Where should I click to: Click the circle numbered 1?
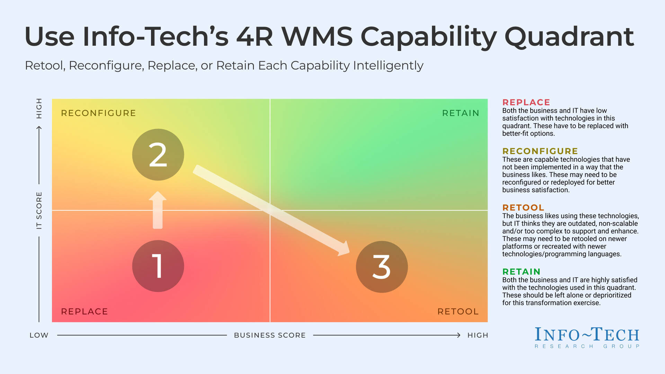coord(158,266)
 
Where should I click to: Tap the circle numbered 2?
coord(158,155)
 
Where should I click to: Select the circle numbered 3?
coord(382,267)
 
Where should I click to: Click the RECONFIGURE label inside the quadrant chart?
coord(98,113)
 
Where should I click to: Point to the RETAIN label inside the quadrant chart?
coord(461,113)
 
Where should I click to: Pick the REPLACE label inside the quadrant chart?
coord(84,311)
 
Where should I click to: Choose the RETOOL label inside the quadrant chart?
coord(458,311)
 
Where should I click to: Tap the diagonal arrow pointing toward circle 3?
coord(270,210)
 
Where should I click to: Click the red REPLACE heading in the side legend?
coord(526,103)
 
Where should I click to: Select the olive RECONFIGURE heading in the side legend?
coord(540,151)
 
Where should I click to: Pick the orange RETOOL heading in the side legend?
coord(523,208)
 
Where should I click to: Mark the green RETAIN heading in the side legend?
coord(521,272)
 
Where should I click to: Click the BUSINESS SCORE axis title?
coord(270,335)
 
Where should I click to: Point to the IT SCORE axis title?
coord(39,210)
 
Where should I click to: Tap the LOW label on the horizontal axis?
coord(39,335)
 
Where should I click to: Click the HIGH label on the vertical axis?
coord(39,108)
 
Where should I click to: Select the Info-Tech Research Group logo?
coord(587,337)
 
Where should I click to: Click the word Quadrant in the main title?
coord(569,37)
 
